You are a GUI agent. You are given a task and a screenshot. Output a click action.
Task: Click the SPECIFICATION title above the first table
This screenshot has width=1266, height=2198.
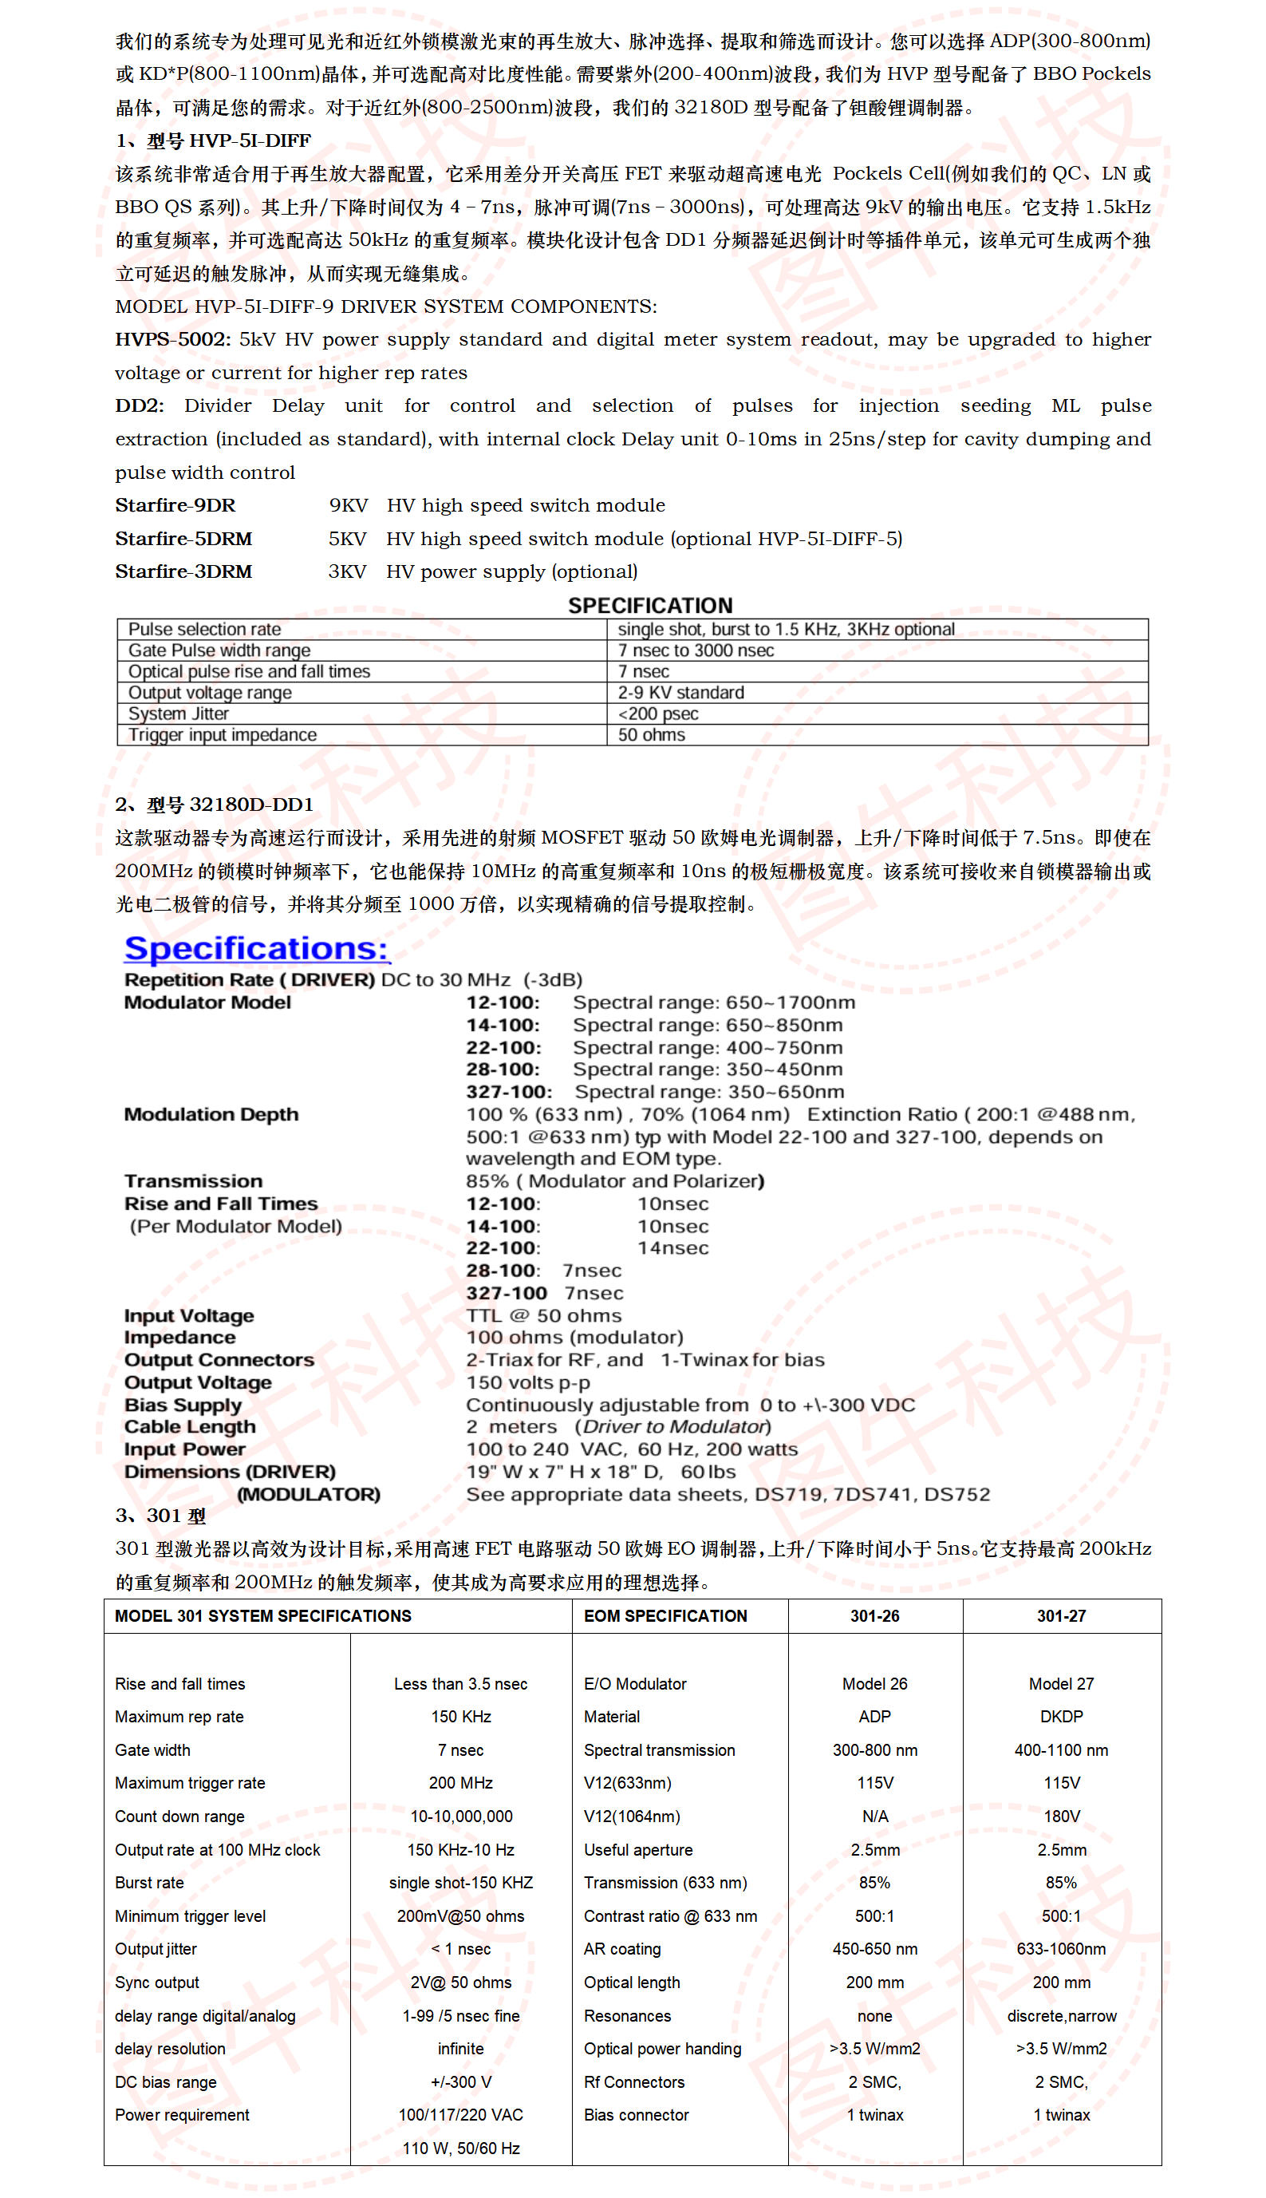coord(649,606)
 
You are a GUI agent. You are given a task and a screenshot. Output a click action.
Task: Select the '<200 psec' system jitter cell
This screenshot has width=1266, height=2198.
coord(657,714)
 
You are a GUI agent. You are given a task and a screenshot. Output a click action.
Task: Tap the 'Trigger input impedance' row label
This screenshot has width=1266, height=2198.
coord(222,734)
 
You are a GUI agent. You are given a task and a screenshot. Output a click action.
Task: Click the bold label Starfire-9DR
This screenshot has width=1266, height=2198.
coord(175,505)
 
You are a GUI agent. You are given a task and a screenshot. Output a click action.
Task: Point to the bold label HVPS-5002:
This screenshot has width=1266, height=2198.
coord(172,339)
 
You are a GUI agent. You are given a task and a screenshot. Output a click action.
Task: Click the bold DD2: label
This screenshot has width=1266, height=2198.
coord(139,405)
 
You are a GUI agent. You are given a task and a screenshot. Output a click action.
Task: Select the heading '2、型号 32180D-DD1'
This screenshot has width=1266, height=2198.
coord(214,804)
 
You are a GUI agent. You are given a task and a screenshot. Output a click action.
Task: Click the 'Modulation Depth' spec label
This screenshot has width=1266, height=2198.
coord(211,1114)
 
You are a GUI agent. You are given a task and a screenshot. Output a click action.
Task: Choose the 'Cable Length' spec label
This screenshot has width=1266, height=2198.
coord(190,1426)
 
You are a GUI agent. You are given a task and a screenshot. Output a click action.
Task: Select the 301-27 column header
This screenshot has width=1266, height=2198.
coord(1061,1615)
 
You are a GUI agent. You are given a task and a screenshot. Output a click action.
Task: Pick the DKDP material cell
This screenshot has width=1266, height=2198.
coord(1061,1716)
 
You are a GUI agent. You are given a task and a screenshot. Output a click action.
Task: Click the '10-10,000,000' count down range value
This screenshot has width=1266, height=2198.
coord(461,1817)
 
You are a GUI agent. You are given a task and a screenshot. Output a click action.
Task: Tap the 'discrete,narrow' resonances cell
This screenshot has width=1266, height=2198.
coord(1061,2015)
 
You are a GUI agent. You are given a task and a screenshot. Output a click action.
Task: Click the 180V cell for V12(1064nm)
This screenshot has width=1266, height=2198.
coord(1061,1817)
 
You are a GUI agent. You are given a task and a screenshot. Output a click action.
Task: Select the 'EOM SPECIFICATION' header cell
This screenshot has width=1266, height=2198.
coord(665,1615)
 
